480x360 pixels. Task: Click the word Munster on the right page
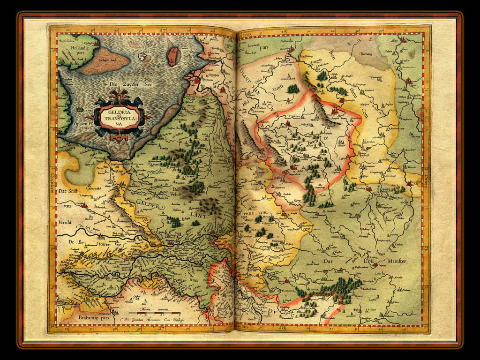point(396,261)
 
